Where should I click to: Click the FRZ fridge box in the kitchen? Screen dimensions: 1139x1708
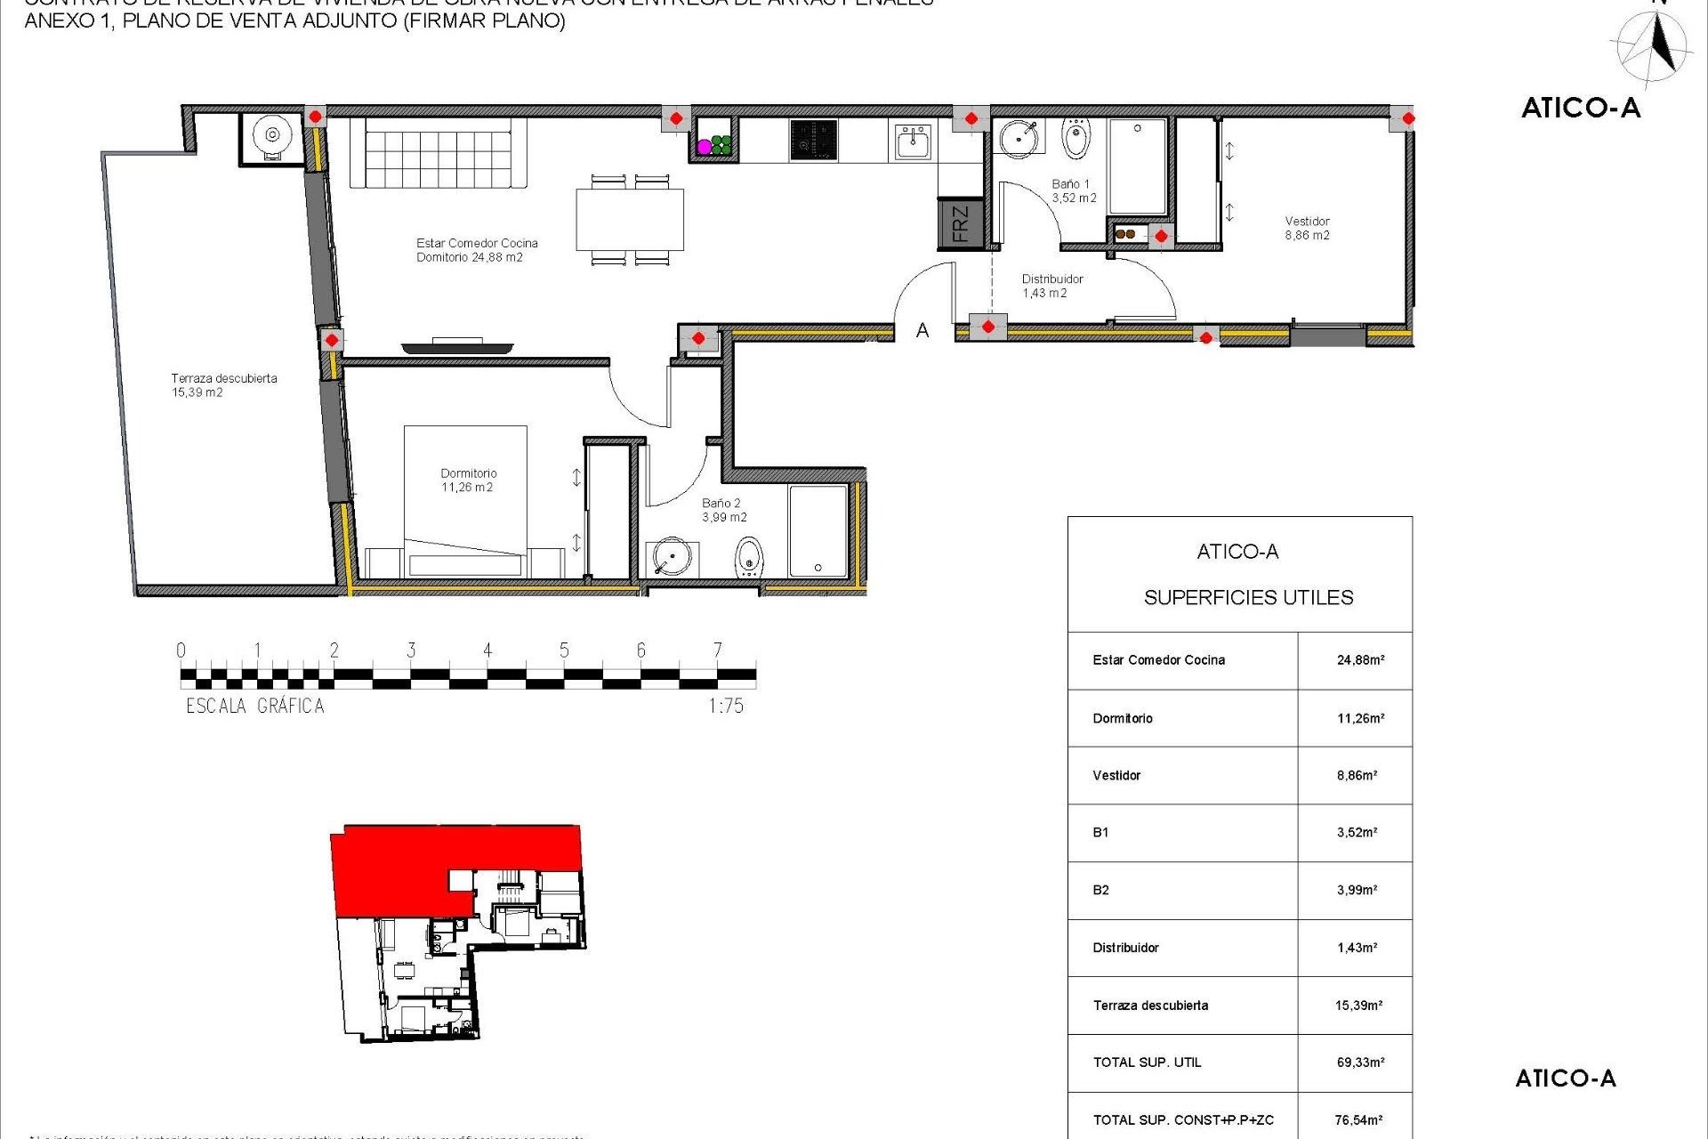[960, 223]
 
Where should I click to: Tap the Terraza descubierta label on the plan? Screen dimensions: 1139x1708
[223, 384]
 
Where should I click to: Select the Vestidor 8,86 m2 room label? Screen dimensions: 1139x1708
[1307, 228]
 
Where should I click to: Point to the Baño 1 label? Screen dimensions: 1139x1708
[1073, 190]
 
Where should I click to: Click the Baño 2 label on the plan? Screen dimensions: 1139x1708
[724, 509]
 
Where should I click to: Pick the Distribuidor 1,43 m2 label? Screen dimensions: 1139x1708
[1051, 286]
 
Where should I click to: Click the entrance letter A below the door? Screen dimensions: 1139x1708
[922, 331]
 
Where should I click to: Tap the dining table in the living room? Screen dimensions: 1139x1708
[630, 220]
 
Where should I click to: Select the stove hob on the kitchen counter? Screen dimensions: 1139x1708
[813, 141]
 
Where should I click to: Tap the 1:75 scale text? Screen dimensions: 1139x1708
[726, 706]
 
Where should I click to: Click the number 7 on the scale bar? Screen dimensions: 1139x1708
[717, 650]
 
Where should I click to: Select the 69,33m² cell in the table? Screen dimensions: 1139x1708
[1359, 1062]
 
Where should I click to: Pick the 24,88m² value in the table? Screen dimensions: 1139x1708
[1359, 660]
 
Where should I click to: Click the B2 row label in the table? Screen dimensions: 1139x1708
[1100, 890]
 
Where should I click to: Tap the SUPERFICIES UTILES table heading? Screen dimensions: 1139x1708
[1248, 598]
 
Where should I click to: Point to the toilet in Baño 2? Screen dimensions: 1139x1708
[749, 558]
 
